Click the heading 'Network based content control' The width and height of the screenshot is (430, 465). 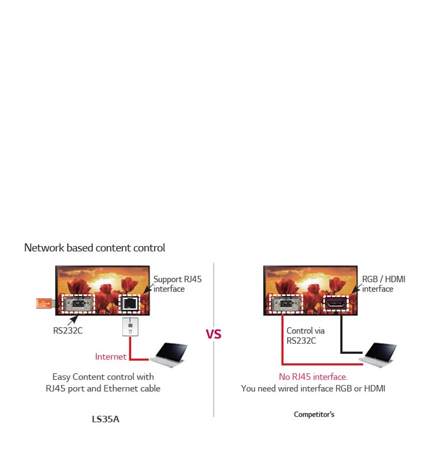tap(95, 247)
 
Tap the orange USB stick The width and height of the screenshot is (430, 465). tap(44, 303)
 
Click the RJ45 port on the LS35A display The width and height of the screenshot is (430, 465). tap(129, 304)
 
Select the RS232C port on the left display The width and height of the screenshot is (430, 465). tap(78, 304)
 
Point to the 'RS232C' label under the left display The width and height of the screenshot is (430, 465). tap(68, 330)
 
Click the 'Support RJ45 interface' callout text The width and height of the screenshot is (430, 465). tap(177, 284)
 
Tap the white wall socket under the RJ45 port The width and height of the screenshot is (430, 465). tap(130, 327)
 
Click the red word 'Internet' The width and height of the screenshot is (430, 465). tap(111, 356)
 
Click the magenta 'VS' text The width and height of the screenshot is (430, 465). tap(213, 334)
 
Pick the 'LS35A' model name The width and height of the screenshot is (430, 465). tap(106, 419)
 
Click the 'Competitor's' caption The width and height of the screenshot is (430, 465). tap(314, 415)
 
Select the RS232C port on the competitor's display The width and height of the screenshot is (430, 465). tap(286, 304)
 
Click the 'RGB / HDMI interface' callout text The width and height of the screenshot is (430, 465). tap(383, 284)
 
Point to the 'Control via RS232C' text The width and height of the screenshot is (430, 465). tap(305, 335)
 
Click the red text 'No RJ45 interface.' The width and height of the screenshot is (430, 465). tap(313, 377)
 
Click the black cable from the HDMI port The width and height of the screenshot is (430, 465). tap(342, 336)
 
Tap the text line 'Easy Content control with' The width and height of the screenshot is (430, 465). tap(102, 377)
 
